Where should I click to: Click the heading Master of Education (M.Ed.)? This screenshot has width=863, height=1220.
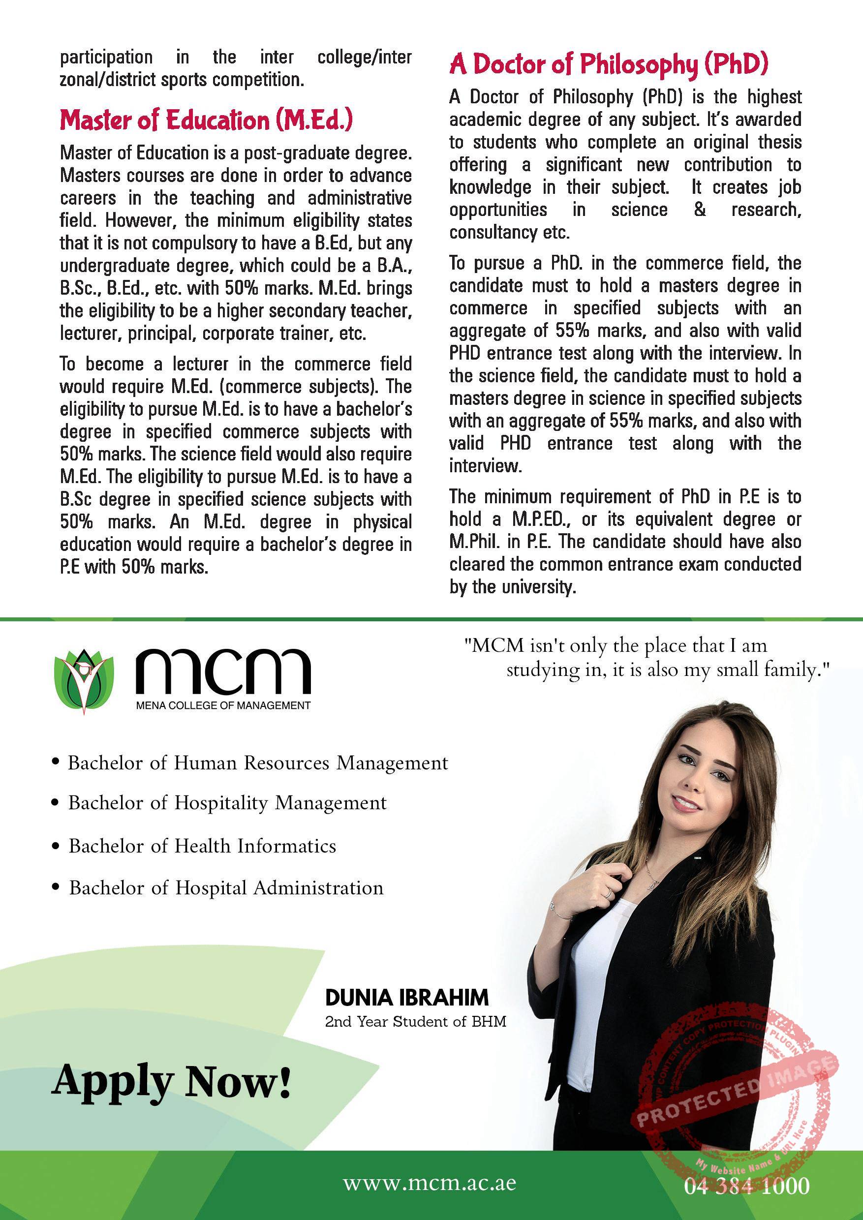(206, 120)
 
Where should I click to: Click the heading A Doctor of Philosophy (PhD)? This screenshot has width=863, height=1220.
(609, 65)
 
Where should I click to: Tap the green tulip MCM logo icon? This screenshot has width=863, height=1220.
(85, 681)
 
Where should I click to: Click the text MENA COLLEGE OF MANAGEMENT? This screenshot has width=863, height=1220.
(223, 705)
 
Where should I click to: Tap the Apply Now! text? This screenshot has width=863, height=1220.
(172, 1081)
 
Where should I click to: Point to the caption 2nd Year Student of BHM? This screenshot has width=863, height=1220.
(416, 1021)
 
